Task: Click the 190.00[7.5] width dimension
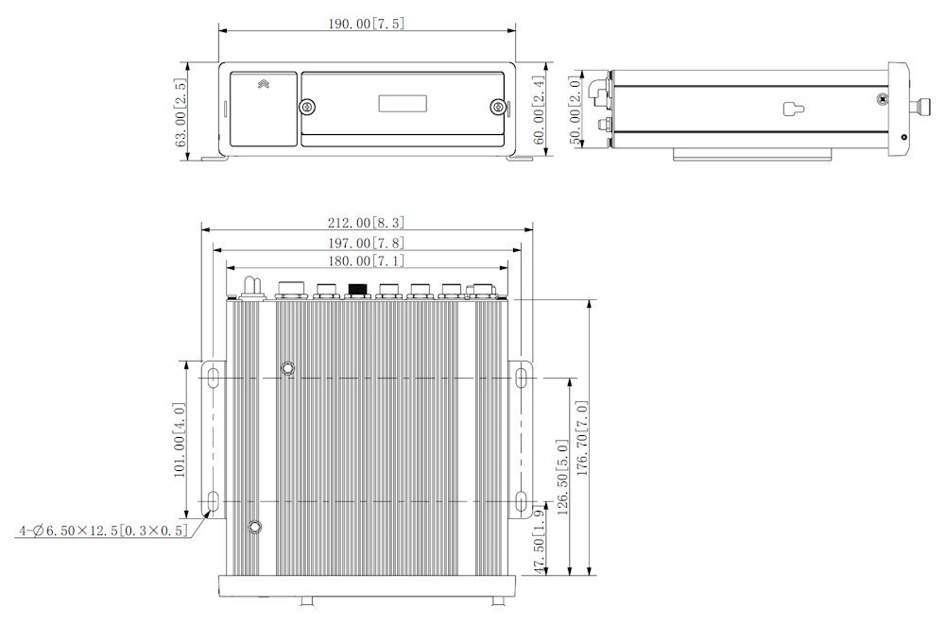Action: (x=366, y=24)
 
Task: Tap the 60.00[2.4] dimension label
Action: (x=539, y=109)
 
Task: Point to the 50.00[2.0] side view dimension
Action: (x=576, y=109)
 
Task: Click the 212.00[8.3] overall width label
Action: (x=366, y=223)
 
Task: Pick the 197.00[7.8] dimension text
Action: (x=366, y=243)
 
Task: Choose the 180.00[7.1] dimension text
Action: (x=366, y=261)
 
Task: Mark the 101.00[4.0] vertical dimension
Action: (x=180, y=440)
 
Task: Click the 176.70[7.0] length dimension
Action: (x=582, y=438)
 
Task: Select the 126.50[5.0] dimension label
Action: (x=563, y=478)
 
